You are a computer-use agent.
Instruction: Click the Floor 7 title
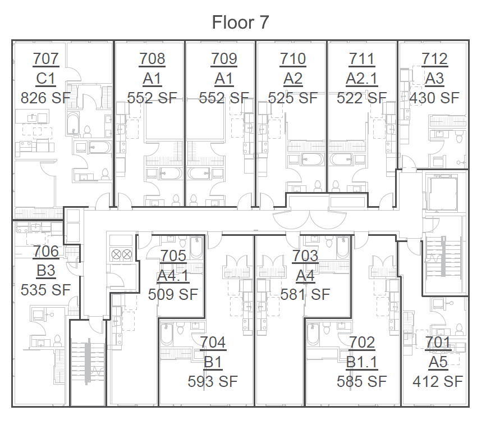click(240, 22)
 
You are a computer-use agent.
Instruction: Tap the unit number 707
click(46, 58)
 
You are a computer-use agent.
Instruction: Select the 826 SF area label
click(46, 98)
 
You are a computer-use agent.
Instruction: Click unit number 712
click(434, 58)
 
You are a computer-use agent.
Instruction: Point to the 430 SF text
click(434, 98)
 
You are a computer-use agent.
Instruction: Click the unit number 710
click(292, 58)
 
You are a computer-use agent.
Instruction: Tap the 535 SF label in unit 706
click(46, 290)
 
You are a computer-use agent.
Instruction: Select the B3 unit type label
click(46, 271)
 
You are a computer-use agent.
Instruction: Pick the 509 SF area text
click(173, 294)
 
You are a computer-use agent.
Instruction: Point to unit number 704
click(213, 342)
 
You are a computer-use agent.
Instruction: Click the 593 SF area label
click(213, 381)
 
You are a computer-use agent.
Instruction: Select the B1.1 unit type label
click(362, 362)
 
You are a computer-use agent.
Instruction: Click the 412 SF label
click(438, 381)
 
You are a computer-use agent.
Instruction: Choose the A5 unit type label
click(438, 362)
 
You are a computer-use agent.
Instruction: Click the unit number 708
click(152, 58)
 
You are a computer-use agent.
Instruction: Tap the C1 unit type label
click(46, 78)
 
